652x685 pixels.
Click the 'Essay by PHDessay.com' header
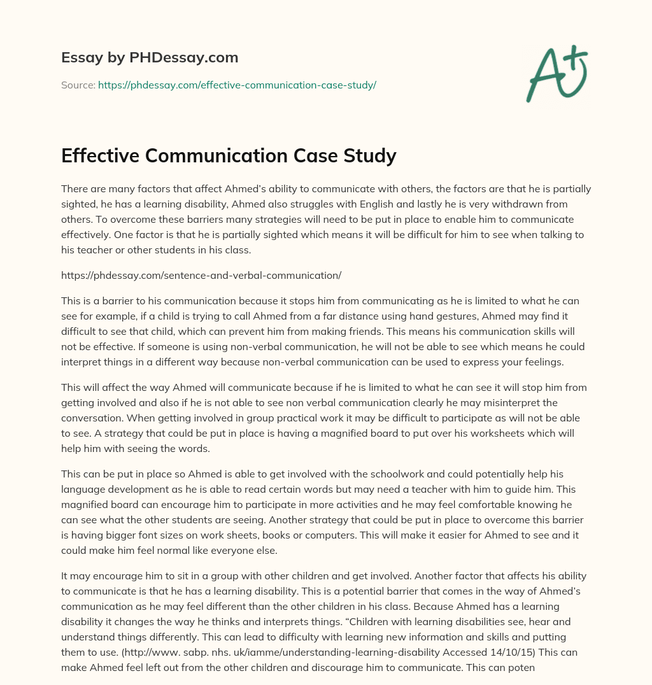point(150,58)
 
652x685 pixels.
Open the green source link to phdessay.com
point(237,85)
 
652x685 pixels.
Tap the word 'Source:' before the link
point(78,85)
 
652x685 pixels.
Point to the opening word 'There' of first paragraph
point(74,189)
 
